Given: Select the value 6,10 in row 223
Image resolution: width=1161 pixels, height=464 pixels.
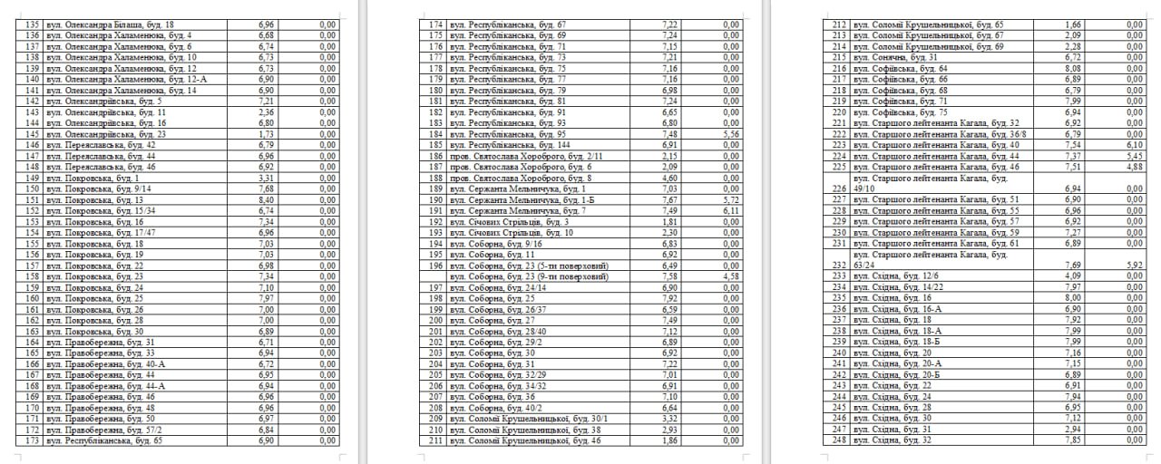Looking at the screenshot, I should [x=1130, y=145].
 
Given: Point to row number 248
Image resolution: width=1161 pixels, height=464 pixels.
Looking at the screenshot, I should [x=838, y=440].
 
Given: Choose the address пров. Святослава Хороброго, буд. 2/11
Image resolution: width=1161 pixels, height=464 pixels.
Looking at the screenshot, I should [x=522, y=156].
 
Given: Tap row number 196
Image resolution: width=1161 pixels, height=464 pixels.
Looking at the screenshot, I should [x=435, y=266].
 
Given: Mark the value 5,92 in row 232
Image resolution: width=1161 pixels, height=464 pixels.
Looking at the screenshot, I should [x=1130, y=266].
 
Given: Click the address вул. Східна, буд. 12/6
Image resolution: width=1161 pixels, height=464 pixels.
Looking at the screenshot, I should [x=898, y=275].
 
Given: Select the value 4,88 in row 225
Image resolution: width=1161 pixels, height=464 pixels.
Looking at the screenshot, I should [x=1130, y=167].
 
